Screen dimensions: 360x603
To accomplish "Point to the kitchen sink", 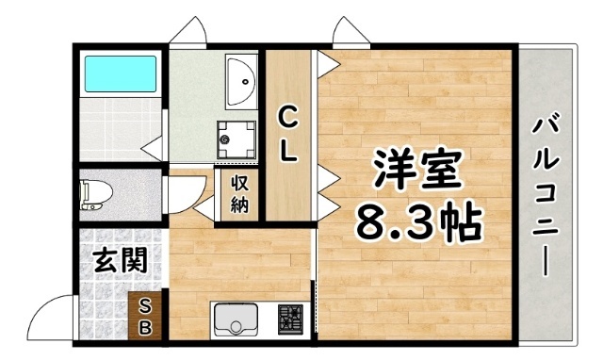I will [x=234, y=320].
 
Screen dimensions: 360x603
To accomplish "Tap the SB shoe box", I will [x=148, y=316].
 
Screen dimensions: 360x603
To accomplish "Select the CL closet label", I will [x=287, y=134].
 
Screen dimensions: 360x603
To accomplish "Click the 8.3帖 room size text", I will [x=417, y=222].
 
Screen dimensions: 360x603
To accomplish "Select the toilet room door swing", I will [x=181, y=192].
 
